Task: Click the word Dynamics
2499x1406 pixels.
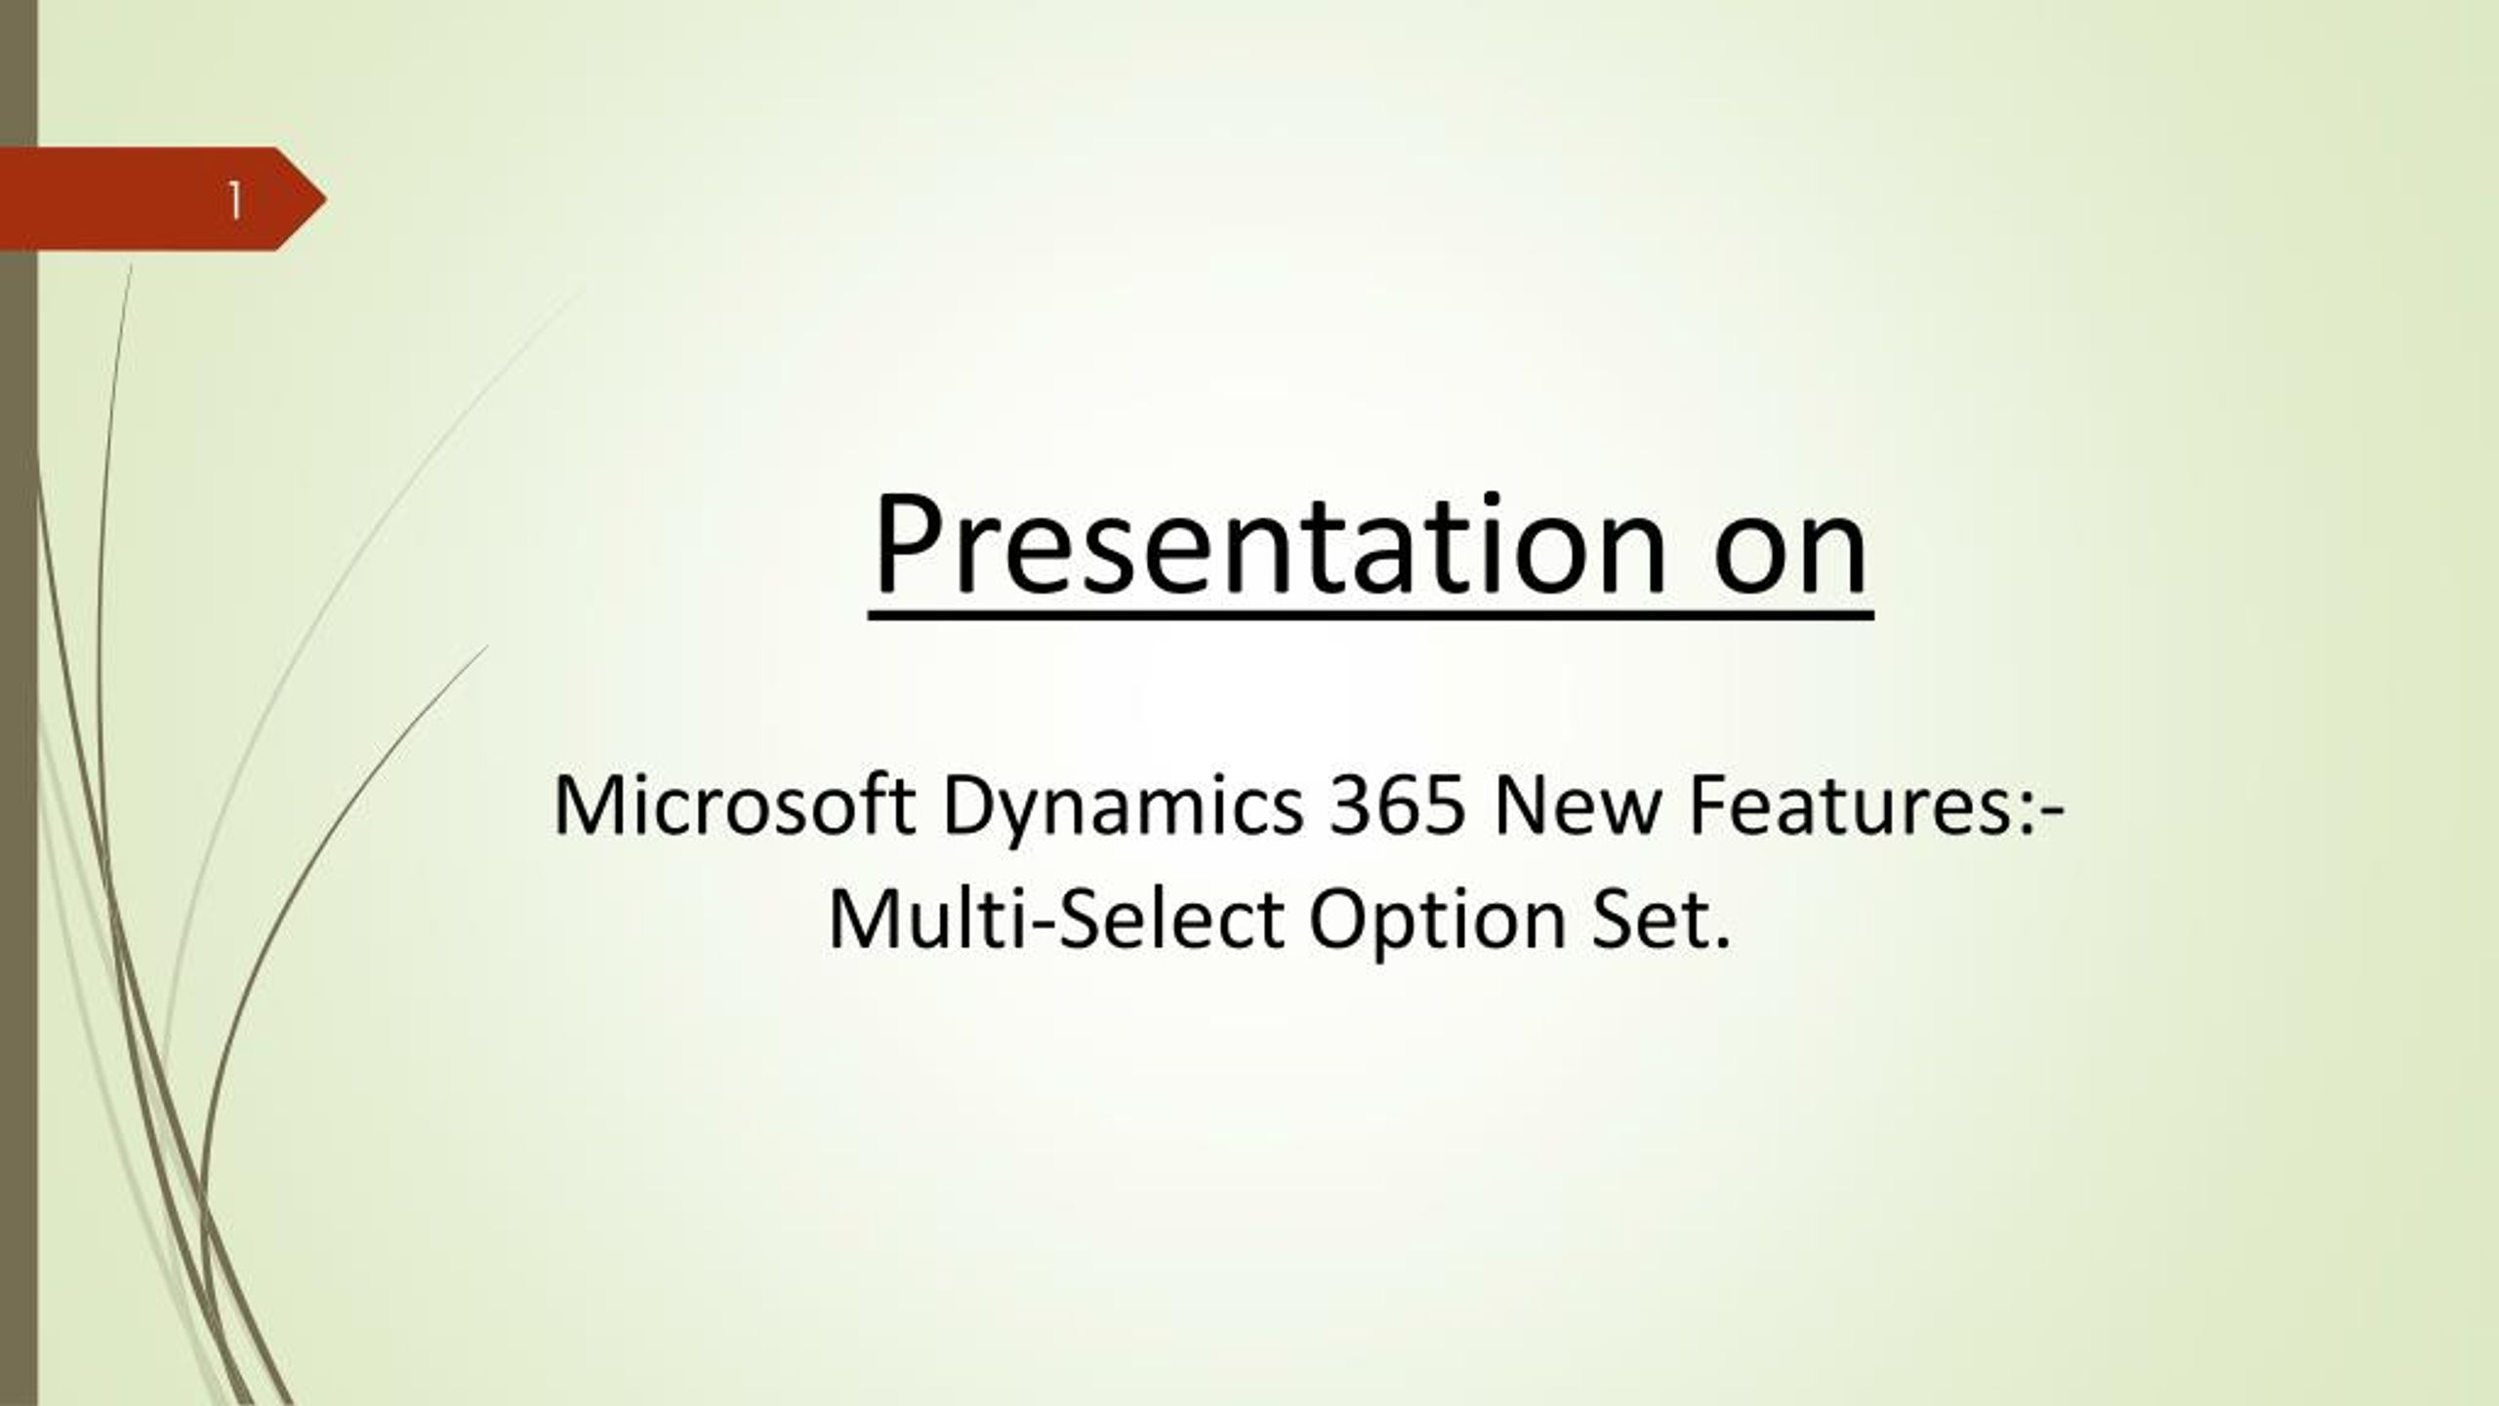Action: pyautogui.click(x=1123, y=811)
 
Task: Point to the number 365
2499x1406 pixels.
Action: pyautogui.click(x=1397, y=806)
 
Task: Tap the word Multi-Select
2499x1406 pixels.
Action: pyautogui.click(x=1055, y=919)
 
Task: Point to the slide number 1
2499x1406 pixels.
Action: pyautogui.click(x=235, y=201)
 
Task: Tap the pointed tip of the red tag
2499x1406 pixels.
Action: pyautogui.click(x=326, y=200)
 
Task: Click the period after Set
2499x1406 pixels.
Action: pyautogui.click(x=1721, y=943)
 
